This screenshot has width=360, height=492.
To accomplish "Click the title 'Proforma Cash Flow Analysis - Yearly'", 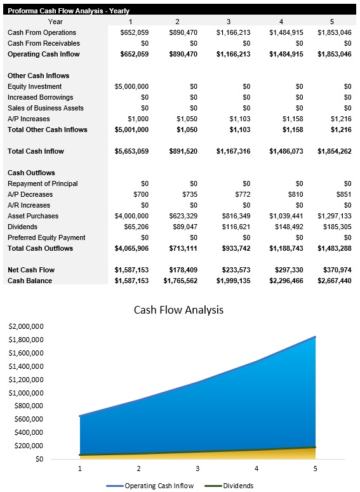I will point(67,10).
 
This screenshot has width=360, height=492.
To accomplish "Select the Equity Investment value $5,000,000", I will point(131,86).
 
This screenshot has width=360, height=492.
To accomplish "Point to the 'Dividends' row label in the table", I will point(22,227).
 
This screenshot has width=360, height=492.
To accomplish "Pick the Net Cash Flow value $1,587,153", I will point(131,270).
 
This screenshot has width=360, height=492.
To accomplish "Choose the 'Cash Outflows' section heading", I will point(31,173).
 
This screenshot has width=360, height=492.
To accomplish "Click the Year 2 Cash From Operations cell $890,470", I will point(183,32).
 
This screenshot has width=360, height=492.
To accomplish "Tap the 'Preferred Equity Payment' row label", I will point(46,237).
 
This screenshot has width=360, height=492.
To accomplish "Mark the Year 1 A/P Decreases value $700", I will point(140,194).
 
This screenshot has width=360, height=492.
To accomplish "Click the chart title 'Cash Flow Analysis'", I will point(178,310).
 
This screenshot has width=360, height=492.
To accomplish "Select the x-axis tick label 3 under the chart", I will point(197,469).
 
